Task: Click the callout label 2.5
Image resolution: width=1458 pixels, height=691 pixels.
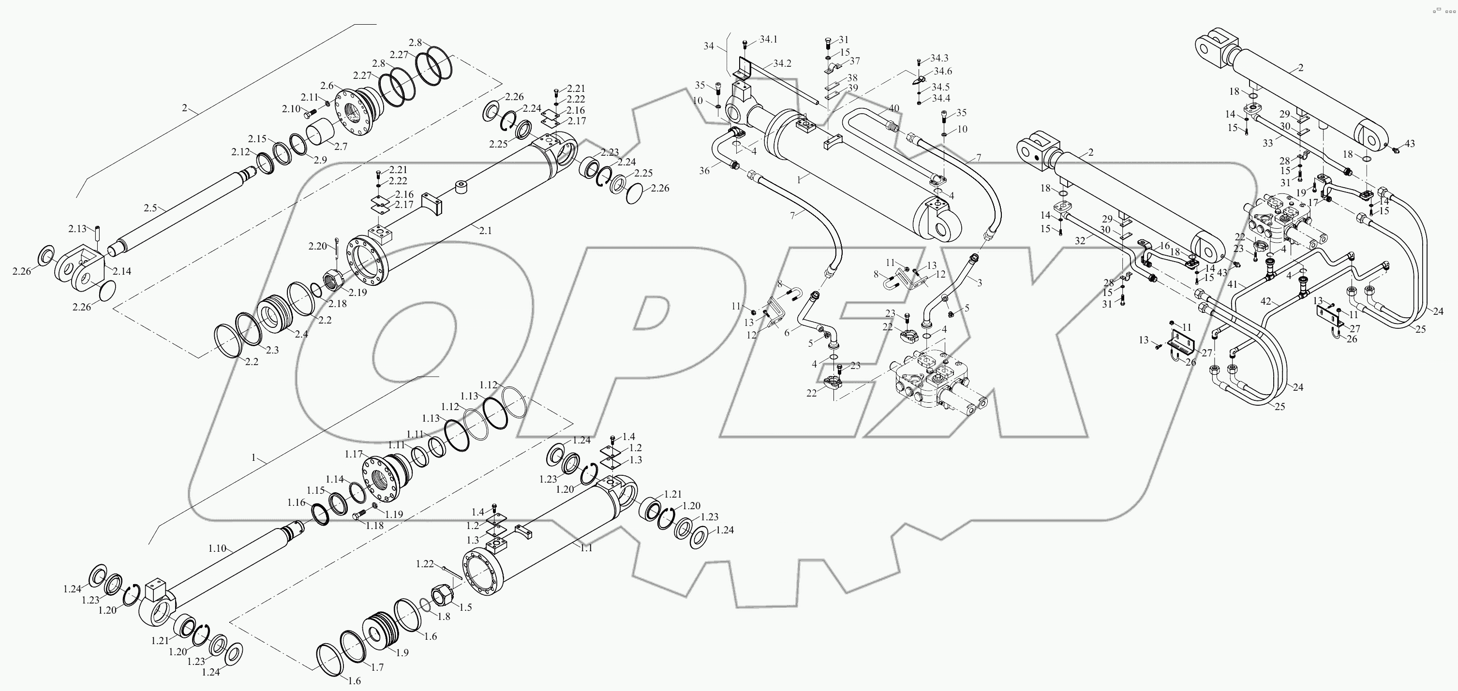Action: pyautogui.click(x=150, y=208)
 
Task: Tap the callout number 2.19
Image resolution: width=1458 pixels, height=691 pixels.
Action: pyautogui.click(x=357, y=293)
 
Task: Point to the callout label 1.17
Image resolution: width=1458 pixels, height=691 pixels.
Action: pyautogui.click(x=353, y=454)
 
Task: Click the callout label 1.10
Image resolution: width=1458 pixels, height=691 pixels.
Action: pyautogui.click(x=217, y=548)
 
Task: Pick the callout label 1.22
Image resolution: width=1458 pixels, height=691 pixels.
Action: pyautogui.click(x=425, y=564)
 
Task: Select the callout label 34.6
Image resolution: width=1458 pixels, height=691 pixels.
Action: pyautogui.click(x=943, y=71)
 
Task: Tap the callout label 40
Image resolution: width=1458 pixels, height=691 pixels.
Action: pyautogui.click(x=893, y=108)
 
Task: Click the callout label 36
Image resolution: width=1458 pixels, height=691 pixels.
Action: pyautogui.click(x=704, y=170)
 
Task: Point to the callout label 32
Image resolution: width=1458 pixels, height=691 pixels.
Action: pyautogui.click(x=1080, y=240)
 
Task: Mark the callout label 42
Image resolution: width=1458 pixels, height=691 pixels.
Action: pyautogui.click(x=1265, y=301)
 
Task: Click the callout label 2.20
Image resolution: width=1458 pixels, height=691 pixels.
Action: pyautogui.click(x=317, y=246)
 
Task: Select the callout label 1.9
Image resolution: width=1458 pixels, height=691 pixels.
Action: pyautogui.click(x=402, y=652)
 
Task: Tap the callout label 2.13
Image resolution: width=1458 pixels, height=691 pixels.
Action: pyautogui.click(x=77, y=229)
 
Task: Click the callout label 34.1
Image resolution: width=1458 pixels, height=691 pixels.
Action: pyautogui.click(x=769, y=39)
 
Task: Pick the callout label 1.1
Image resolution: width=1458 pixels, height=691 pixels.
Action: pyautogui.click(x=586, y=548)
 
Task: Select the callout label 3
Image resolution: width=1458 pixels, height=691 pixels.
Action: pyautogui.click(x=979, y=282)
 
